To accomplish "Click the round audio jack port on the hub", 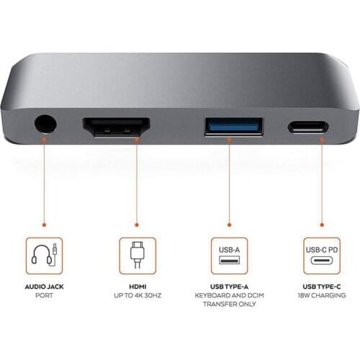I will [44, 127].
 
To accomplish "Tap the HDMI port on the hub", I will [116, 129].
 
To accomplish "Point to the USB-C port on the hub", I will [308, 127].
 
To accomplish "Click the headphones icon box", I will [45, 256].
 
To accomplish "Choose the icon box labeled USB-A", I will [230, 256].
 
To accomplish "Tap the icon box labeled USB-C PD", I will [320, 256].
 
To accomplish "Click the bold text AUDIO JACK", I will [44, 287].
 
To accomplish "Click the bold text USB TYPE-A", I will [230, 287].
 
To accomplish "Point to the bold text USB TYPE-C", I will [320, 287].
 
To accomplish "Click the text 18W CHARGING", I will [320, 296].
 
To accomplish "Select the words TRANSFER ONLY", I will [230, 305].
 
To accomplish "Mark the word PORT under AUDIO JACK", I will [44, 296].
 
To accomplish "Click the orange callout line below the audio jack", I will [44, 187].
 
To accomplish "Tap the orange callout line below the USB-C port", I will [320, 187].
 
